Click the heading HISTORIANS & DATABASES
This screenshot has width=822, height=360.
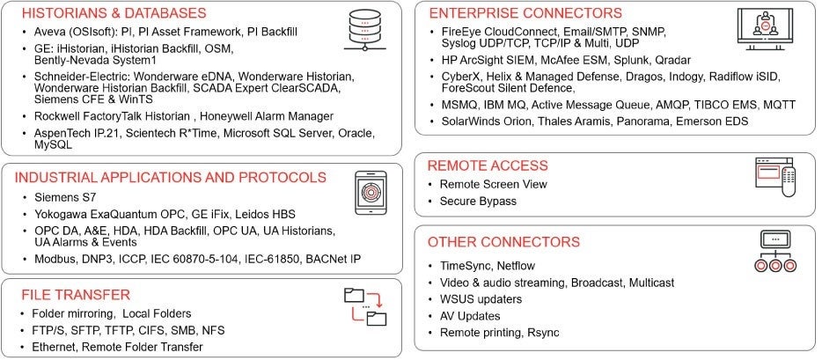coord(113,13)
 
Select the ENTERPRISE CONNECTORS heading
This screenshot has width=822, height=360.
coord(525,13)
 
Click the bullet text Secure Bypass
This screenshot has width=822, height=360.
coord(479,202)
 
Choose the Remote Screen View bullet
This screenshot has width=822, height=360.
coord(493,184)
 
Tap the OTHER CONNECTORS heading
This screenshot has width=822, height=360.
coord(503,241)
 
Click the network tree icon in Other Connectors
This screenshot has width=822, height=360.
coord(775,251)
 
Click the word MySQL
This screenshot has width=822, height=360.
coord(53,145)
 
